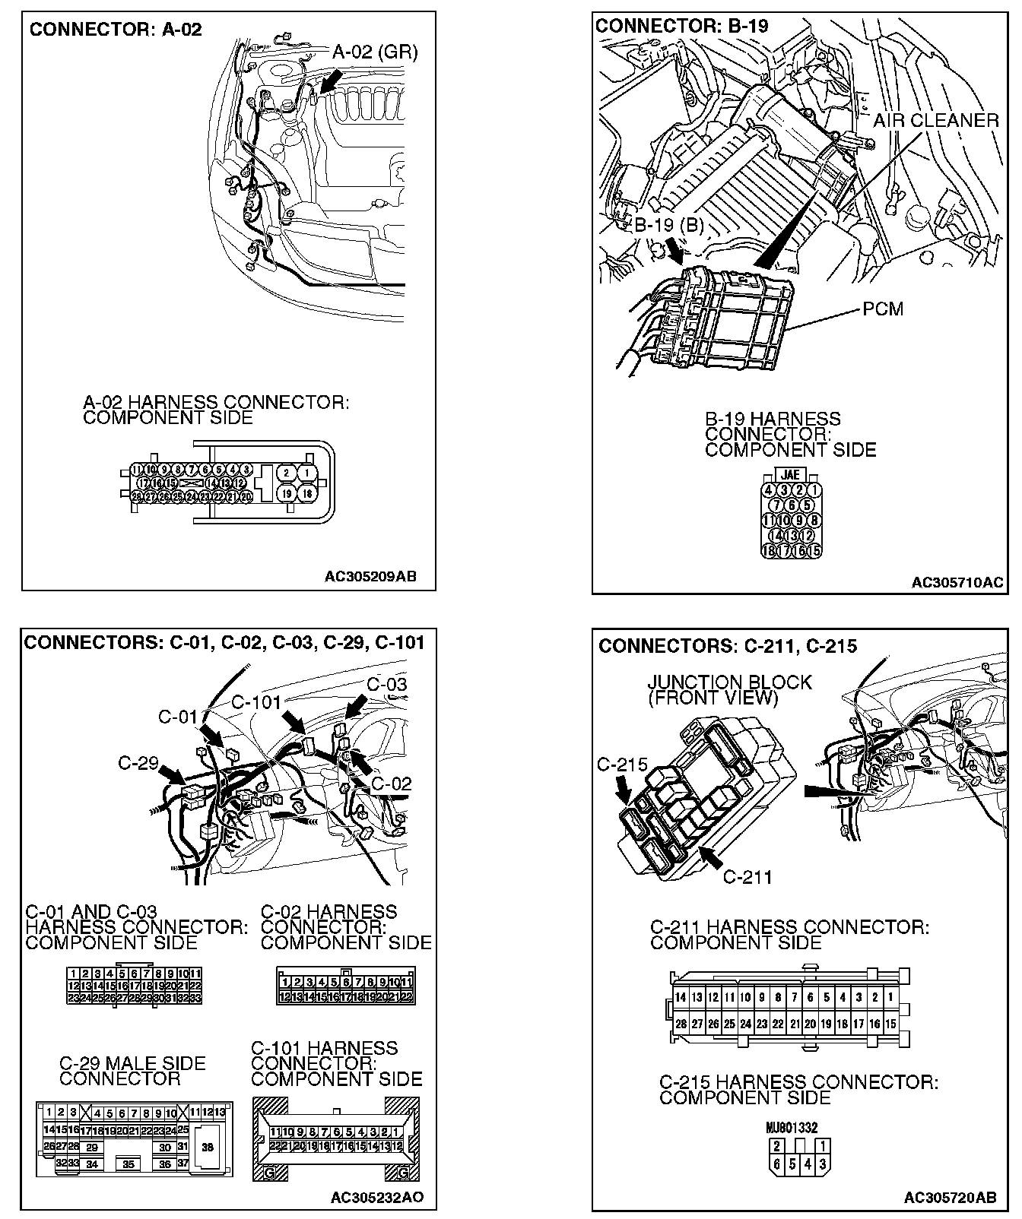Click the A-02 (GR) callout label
pos(375,52)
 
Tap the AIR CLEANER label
pos(935,120)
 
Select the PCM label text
pos(883,309)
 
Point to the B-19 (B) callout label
pos(669,225)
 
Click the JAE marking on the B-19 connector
pos(790,475)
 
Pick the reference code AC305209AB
pos(370,576)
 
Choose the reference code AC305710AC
pos(957,583)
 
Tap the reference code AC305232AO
pos(377,1198)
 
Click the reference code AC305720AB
pos(950,1198)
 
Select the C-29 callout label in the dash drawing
pos(138,762)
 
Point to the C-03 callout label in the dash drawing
pos(386,684)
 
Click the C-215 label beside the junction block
pos(622,765)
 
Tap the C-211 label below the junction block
pos(747,877)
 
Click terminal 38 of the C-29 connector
pos(207,1148)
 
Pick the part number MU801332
pos(792,1128)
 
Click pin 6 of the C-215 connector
pos(776,1164)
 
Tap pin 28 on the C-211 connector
pos(681,1024)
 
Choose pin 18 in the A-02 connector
pos(308,494)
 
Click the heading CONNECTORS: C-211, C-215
pos(727,646)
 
